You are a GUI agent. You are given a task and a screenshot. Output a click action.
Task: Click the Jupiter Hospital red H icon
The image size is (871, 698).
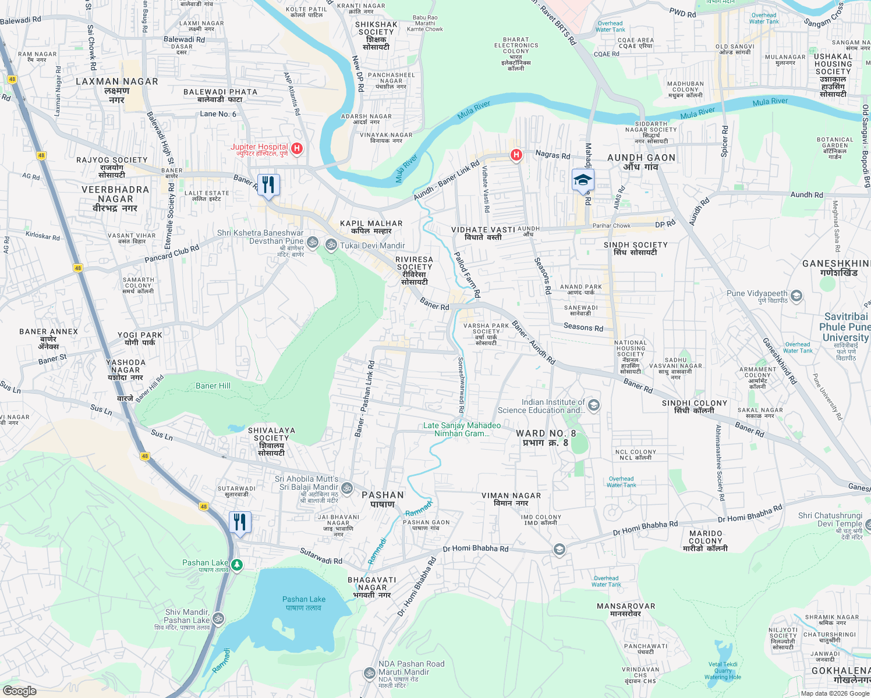(x=296, y=149)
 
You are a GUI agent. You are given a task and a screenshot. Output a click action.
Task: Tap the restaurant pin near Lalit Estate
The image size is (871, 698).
(x=268, y=186)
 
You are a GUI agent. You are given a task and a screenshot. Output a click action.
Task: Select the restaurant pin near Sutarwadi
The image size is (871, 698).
(x=240, y=522)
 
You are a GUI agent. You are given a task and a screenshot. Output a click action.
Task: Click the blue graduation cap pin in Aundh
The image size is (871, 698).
(x=582, y=180)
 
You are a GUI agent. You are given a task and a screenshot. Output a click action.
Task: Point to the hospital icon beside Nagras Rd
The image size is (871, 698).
(x=516, y=155)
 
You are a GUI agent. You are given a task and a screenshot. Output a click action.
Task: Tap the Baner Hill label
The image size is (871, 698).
(x=213, y=386)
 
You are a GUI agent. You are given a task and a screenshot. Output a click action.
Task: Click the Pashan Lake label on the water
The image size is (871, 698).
(x=303, y=603)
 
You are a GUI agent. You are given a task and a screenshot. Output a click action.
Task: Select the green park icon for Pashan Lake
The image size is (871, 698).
(x=236, y=564)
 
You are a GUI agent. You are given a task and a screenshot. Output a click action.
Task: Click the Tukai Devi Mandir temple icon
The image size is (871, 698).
(x=331, y=245)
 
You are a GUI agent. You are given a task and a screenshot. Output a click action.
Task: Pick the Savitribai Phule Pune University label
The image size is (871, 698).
(x=845, y=327)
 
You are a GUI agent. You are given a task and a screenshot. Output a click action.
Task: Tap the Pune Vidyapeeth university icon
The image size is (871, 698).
(x=796, y=296)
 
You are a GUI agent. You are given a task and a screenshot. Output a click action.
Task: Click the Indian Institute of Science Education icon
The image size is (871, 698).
(x=594, y=405)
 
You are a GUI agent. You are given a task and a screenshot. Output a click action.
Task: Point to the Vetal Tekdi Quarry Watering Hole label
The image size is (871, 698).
(x=723, y=671)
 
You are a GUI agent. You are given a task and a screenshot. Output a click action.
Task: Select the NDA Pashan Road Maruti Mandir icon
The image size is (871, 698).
(x=369, y=673)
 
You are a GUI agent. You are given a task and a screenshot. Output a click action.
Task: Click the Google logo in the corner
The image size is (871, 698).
(x=19, y=690)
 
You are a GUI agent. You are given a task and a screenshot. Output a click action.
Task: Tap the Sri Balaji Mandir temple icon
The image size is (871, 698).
(x=347, y=487)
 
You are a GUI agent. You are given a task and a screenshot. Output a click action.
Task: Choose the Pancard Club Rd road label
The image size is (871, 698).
(x=172, y=253)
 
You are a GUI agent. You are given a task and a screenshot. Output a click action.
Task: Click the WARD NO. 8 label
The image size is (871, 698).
(x=546, y=437)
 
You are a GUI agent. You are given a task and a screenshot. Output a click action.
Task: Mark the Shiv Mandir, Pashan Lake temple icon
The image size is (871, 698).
(x=218, y=618)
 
